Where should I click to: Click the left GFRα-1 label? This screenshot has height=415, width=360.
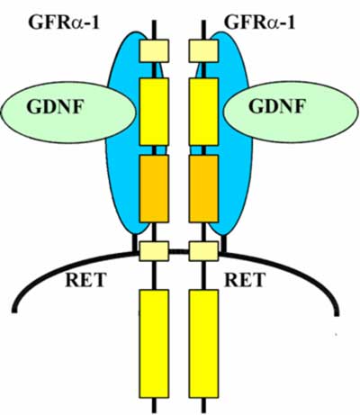64,23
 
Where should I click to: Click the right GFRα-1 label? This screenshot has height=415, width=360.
260,23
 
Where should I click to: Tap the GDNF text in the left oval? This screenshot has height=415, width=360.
54,106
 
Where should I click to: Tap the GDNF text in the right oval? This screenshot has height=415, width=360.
276,106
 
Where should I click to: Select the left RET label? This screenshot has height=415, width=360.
85,280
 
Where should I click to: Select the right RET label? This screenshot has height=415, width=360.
245,280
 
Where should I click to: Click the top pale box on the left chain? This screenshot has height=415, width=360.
154,50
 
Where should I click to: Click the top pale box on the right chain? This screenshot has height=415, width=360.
203,50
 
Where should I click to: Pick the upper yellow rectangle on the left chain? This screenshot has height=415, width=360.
154,112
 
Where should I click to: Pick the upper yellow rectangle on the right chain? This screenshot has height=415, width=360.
203,112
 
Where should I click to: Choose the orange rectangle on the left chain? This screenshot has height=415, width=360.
154,188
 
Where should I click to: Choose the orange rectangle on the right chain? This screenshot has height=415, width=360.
203,188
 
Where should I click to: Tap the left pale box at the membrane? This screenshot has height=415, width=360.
154,251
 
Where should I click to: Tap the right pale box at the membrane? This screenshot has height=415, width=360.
203,251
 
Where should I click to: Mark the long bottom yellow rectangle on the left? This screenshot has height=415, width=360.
154,344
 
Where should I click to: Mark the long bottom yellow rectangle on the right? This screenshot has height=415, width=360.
203,344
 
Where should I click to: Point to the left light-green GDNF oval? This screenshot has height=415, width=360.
68,112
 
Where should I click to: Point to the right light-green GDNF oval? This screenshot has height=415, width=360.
291,112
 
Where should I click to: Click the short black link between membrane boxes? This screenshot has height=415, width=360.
179,251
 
